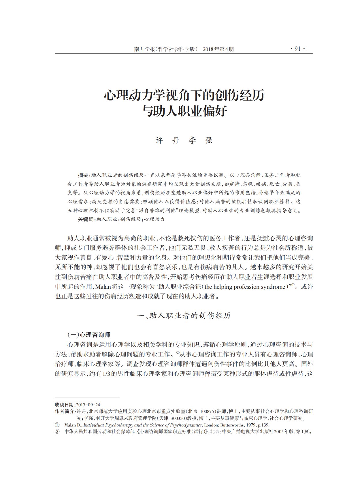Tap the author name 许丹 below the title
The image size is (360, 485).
coord(167,141)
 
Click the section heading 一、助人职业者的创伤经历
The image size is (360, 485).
coord(184,316)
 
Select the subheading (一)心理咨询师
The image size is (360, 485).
coord(89,335)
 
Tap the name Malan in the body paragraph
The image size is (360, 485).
coord(102,287)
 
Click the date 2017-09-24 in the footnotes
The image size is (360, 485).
coord(88,405)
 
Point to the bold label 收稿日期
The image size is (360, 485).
coord(64,405)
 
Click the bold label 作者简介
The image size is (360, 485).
coord(64,411)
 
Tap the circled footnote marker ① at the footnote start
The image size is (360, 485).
coord(57,425)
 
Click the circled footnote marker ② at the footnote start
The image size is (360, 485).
coord(57,432)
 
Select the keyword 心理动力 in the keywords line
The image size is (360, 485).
coord(155,219)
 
